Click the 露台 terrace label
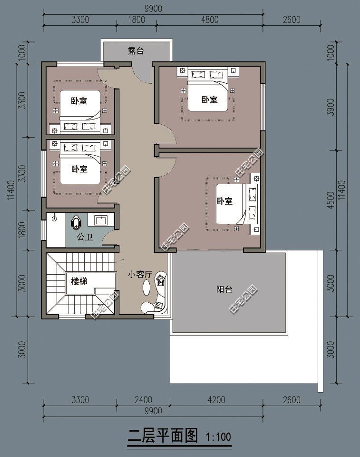(136, 50)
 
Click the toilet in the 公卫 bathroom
(77, 222)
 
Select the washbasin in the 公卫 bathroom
(101, 219)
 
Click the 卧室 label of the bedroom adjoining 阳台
(224, 201)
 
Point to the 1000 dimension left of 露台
(21, 53)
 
